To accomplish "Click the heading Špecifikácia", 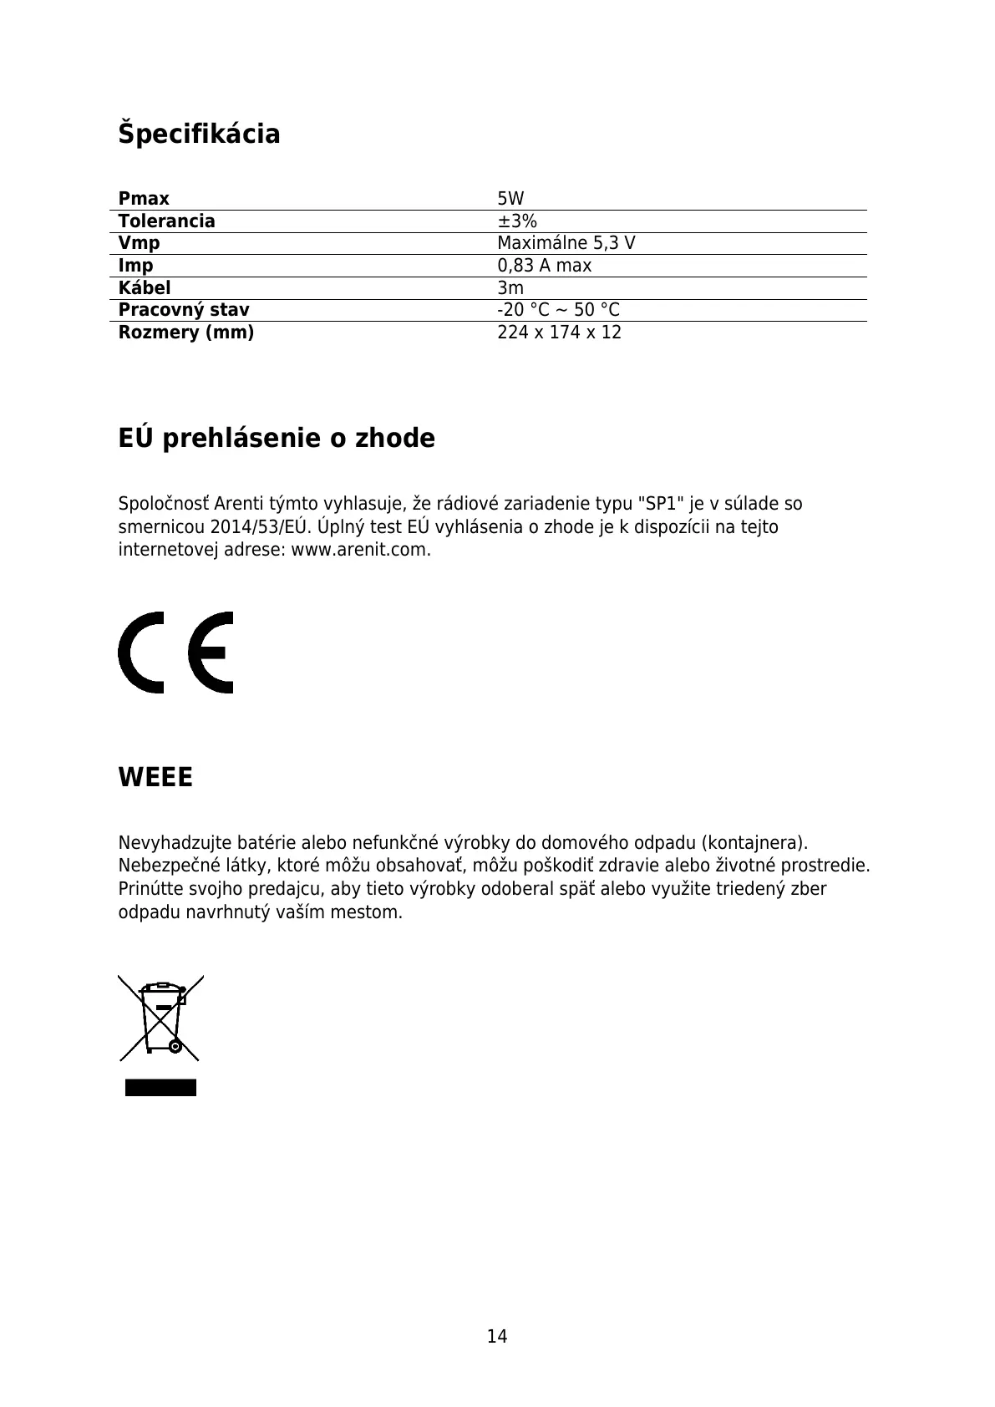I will point(199,134).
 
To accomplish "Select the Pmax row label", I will point(144,199).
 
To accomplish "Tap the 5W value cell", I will point(510,199).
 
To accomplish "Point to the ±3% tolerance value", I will point(517,221).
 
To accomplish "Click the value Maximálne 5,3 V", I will point(566,243).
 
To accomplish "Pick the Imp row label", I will point(135,266).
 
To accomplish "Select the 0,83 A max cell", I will point(544,266).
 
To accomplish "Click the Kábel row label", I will point(144,288).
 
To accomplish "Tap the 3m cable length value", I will point(510,288).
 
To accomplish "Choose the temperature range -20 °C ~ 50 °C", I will point(558,310).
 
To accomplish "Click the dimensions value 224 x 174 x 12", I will point(559,333).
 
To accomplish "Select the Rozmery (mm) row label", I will point(185,333).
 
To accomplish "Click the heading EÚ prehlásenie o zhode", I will point(277,438).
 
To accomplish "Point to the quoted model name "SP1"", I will point(656,504).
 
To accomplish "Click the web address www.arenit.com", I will point(359,551).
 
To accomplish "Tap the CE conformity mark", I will point(175,653).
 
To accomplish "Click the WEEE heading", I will point(155,778).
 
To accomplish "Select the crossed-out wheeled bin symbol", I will point(160,1018).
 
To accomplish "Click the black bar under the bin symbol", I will point(160,1087).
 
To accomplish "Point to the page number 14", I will point(497,1337).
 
